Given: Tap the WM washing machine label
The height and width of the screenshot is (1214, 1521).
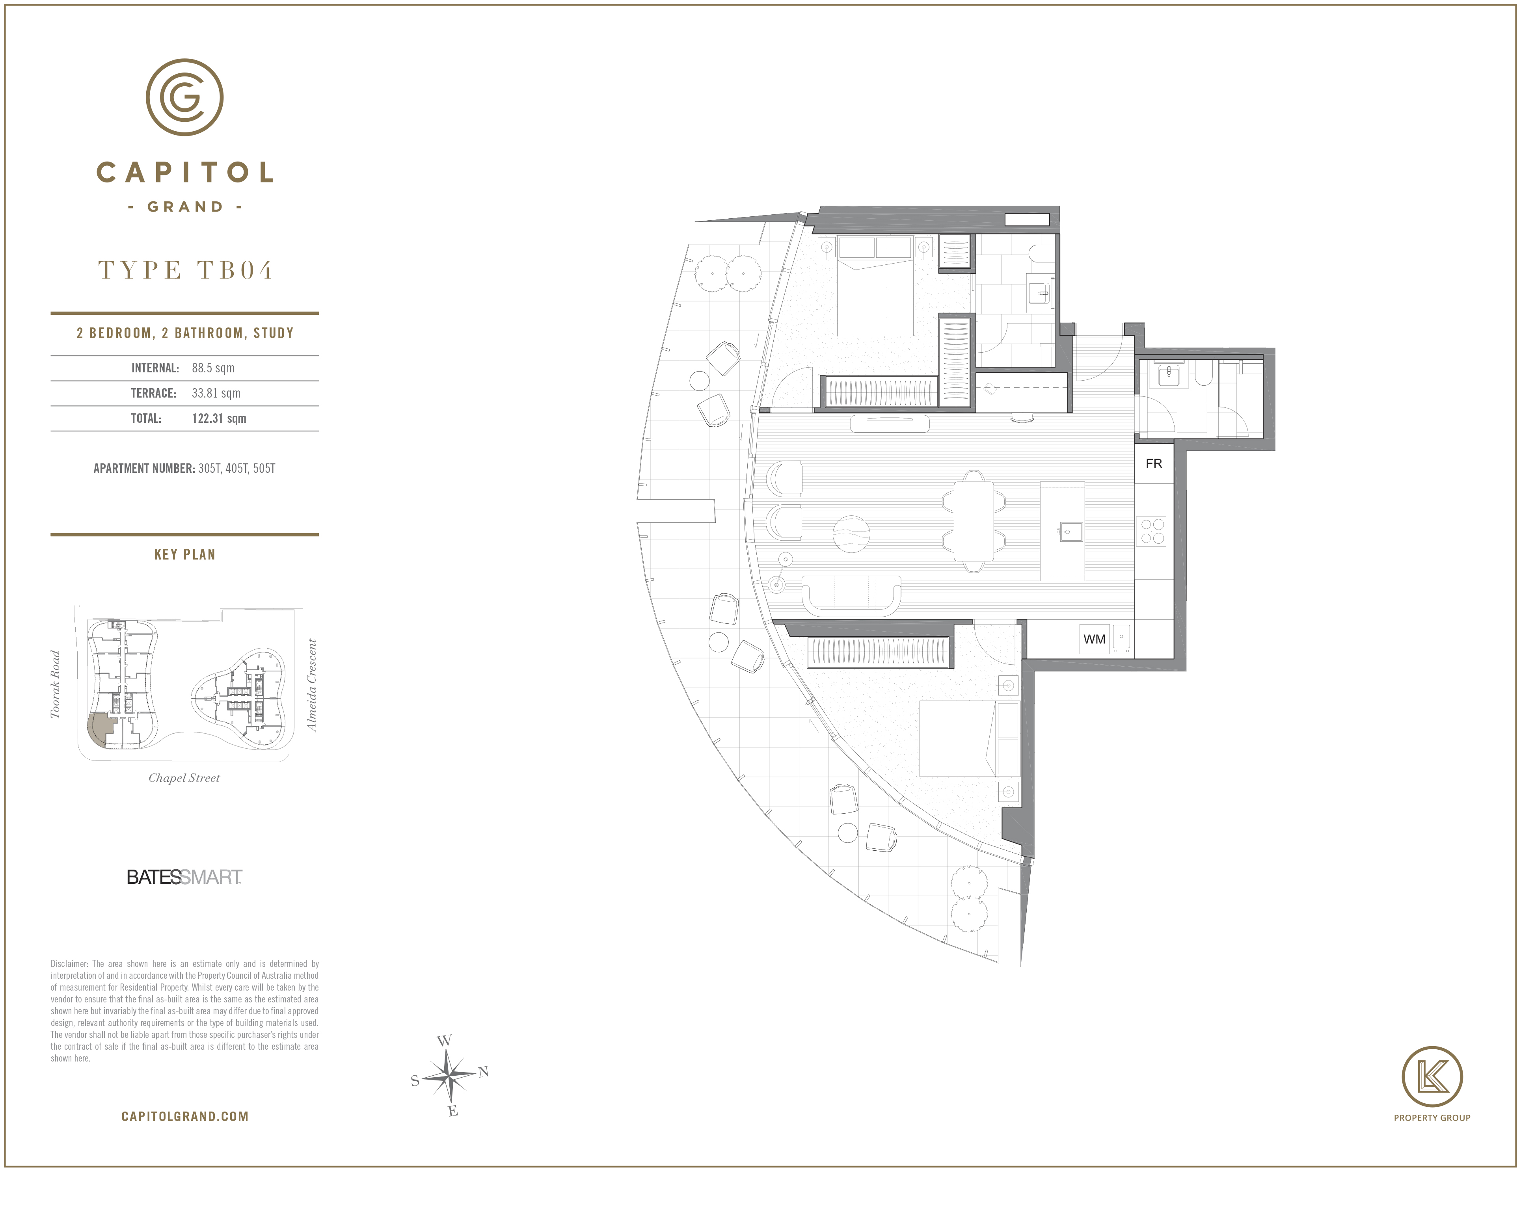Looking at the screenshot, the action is click(x=1094, y=639).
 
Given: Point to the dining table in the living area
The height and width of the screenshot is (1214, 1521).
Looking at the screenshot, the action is click(x=974, y=521).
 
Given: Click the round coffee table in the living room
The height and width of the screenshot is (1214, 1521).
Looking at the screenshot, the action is click(x=851, y=534).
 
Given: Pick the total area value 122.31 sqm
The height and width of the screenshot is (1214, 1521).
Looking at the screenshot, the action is click(x=219, y=418).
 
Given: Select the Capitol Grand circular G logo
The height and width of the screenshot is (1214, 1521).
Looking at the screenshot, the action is click(x=185, y=97).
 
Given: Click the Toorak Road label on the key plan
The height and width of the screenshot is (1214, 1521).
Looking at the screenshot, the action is click(x=55, y=684).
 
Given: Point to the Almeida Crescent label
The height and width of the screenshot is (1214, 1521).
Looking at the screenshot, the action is click(x=312, y=685).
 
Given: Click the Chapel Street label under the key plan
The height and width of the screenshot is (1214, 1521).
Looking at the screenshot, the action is click(x=184, y=778).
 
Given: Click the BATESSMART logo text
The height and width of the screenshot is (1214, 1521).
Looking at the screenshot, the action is click(x=184, y=877).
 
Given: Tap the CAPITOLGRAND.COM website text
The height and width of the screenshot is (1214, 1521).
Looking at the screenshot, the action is click(x=185, y=1117).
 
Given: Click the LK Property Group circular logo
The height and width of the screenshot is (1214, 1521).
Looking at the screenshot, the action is click(x=1432, y=1077).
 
